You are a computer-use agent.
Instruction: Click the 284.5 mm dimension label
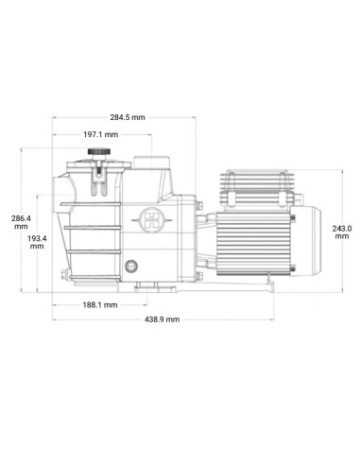tap(127, 117)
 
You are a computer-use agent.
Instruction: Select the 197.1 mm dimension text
tap(99, 136)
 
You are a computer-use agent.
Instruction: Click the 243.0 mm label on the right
tap(342, 232)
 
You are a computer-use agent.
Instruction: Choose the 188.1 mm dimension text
tap(99, 304)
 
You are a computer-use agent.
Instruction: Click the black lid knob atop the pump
tap(96, 153)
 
